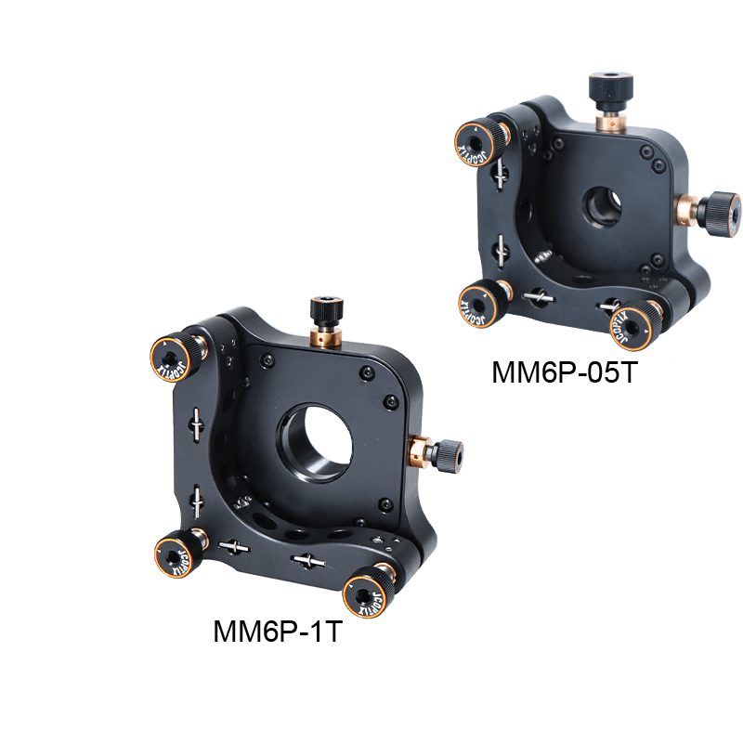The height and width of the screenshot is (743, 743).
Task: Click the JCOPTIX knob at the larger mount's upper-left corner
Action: pos(171,358)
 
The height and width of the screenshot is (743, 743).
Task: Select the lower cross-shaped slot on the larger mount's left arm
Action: pos(198,500)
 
